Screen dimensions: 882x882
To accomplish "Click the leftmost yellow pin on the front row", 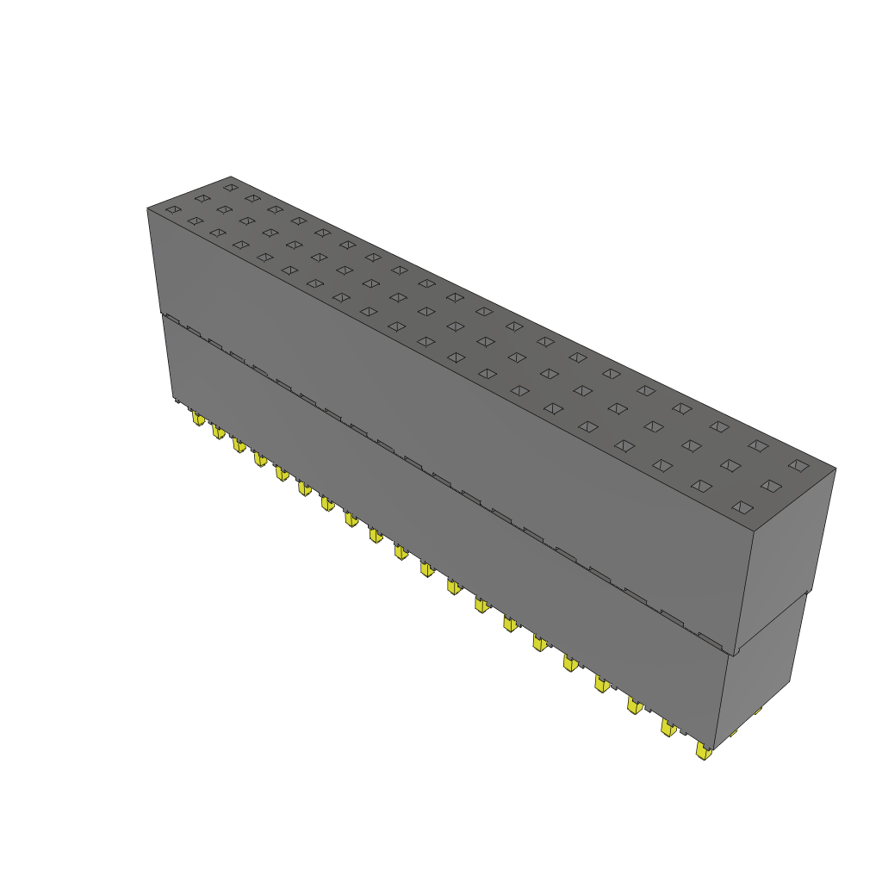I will (198, 419).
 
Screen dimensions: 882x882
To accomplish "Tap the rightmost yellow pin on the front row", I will (704, 752).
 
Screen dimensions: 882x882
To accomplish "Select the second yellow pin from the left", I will (219, 432).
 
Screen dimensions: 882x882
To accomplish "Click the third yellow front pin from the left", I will (239, 444).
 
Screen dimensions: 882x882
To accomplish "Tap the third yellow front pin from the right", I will (634, 705).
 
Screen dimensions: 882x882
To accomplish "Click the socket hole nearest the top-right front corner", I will (741, 507).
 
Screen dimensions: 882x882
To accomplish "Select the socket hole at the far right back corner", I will (798, 466).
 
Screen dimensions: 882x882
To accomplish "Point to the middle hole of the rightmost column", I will (770, 486).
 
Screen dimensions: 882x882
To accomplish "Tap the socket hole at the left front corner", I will (173, 209).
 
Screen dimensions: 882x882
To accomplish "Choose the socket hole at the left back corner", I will (230, 187).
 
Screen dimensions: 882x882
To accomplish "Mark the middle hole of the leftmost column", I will (202, 198).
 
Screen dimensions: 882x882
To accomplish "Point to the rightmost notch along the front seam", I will (710, 640).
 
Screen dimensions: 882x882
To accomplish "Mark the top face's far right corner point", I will (835, 469).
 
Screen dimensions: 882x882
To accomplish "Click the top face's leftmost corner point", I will (147, 208).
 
